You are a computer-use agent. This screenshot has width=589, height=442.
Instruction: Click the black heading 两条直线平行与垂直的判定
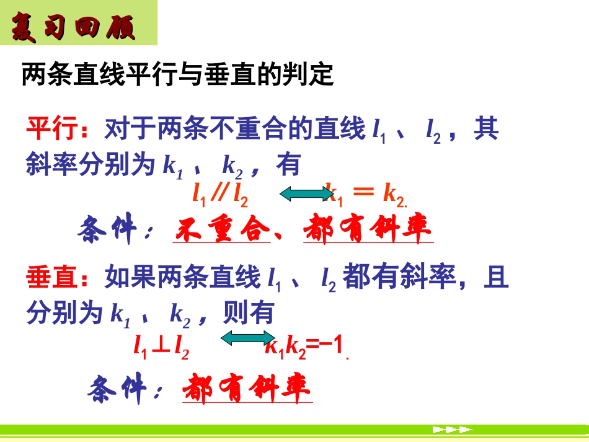[178, 76]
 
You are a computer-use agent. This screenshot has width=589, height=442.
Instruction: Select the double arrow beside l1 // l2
[306, 195]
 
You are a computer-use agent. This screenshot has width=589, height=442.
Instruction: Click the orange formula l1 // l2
[220, 195]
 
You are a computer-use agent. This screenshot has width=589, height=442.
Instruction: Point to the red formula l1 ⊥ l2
[162, 346]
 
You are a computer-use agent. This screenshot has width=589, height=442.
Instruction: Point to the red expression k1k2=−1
[304, 346]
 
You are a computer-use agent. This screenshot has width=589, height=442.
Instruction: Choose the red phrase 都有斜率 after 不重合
[368, 230]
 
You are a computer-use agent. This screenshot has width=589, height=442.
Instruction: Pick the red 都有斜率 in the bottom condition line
[247, 389]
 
